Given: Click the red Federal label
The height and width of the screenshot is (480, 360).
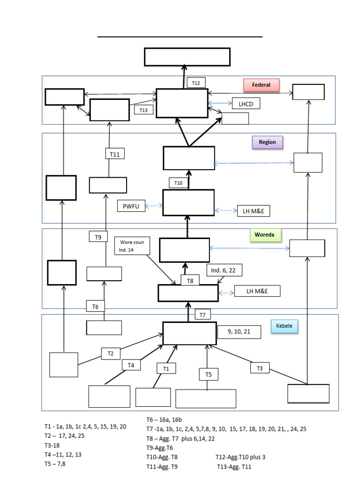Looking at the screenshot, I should click(261, 85).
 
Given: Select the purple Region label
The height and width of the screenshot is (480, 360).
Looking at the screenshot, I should click(267, 142).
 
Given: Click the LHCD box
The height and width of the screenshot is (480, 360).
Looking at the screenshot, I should click(246, 104).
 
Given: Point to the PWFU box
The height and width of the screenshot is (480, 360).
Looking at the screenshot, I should click(131, 205).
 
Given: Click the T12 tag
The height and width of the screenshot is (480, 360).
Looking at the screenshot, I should click(196, 83).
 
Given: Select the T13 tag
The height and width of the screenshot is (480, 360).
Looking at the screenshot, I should click(143, 110).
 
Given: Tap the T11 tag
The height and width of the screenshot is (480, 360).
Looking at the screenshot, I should click(115, 153).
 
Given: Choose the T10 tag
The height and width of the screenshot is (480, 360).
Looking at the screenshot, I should click(178, 183).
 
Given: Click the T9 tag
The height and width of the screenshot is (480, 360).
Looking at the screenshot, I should click(98, 237).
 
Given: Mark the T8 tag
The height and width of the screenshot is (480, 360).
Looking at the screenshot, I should click(190, 280).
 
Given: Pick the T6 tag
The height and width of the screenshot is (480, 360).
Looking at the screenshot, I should click(95, 306).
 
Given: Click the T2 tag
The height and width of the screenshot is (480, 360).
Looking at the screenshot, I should click(111, 353).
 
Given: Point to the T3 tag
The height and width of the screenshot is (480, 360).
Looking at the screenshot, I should click(260, 368).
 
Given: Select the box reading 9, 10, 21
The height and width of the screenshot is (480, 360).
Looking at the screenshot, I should click(239, 331).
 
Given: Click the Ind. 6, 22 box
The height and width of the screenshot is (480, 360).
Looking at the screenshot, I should click(225, 270).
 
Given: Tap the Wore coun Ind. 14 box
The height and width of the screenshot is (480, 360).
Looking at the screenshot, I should click(132, 246).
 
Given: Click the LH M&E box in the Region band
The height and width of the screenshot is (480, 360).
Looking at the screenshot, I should click(254, 211).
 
